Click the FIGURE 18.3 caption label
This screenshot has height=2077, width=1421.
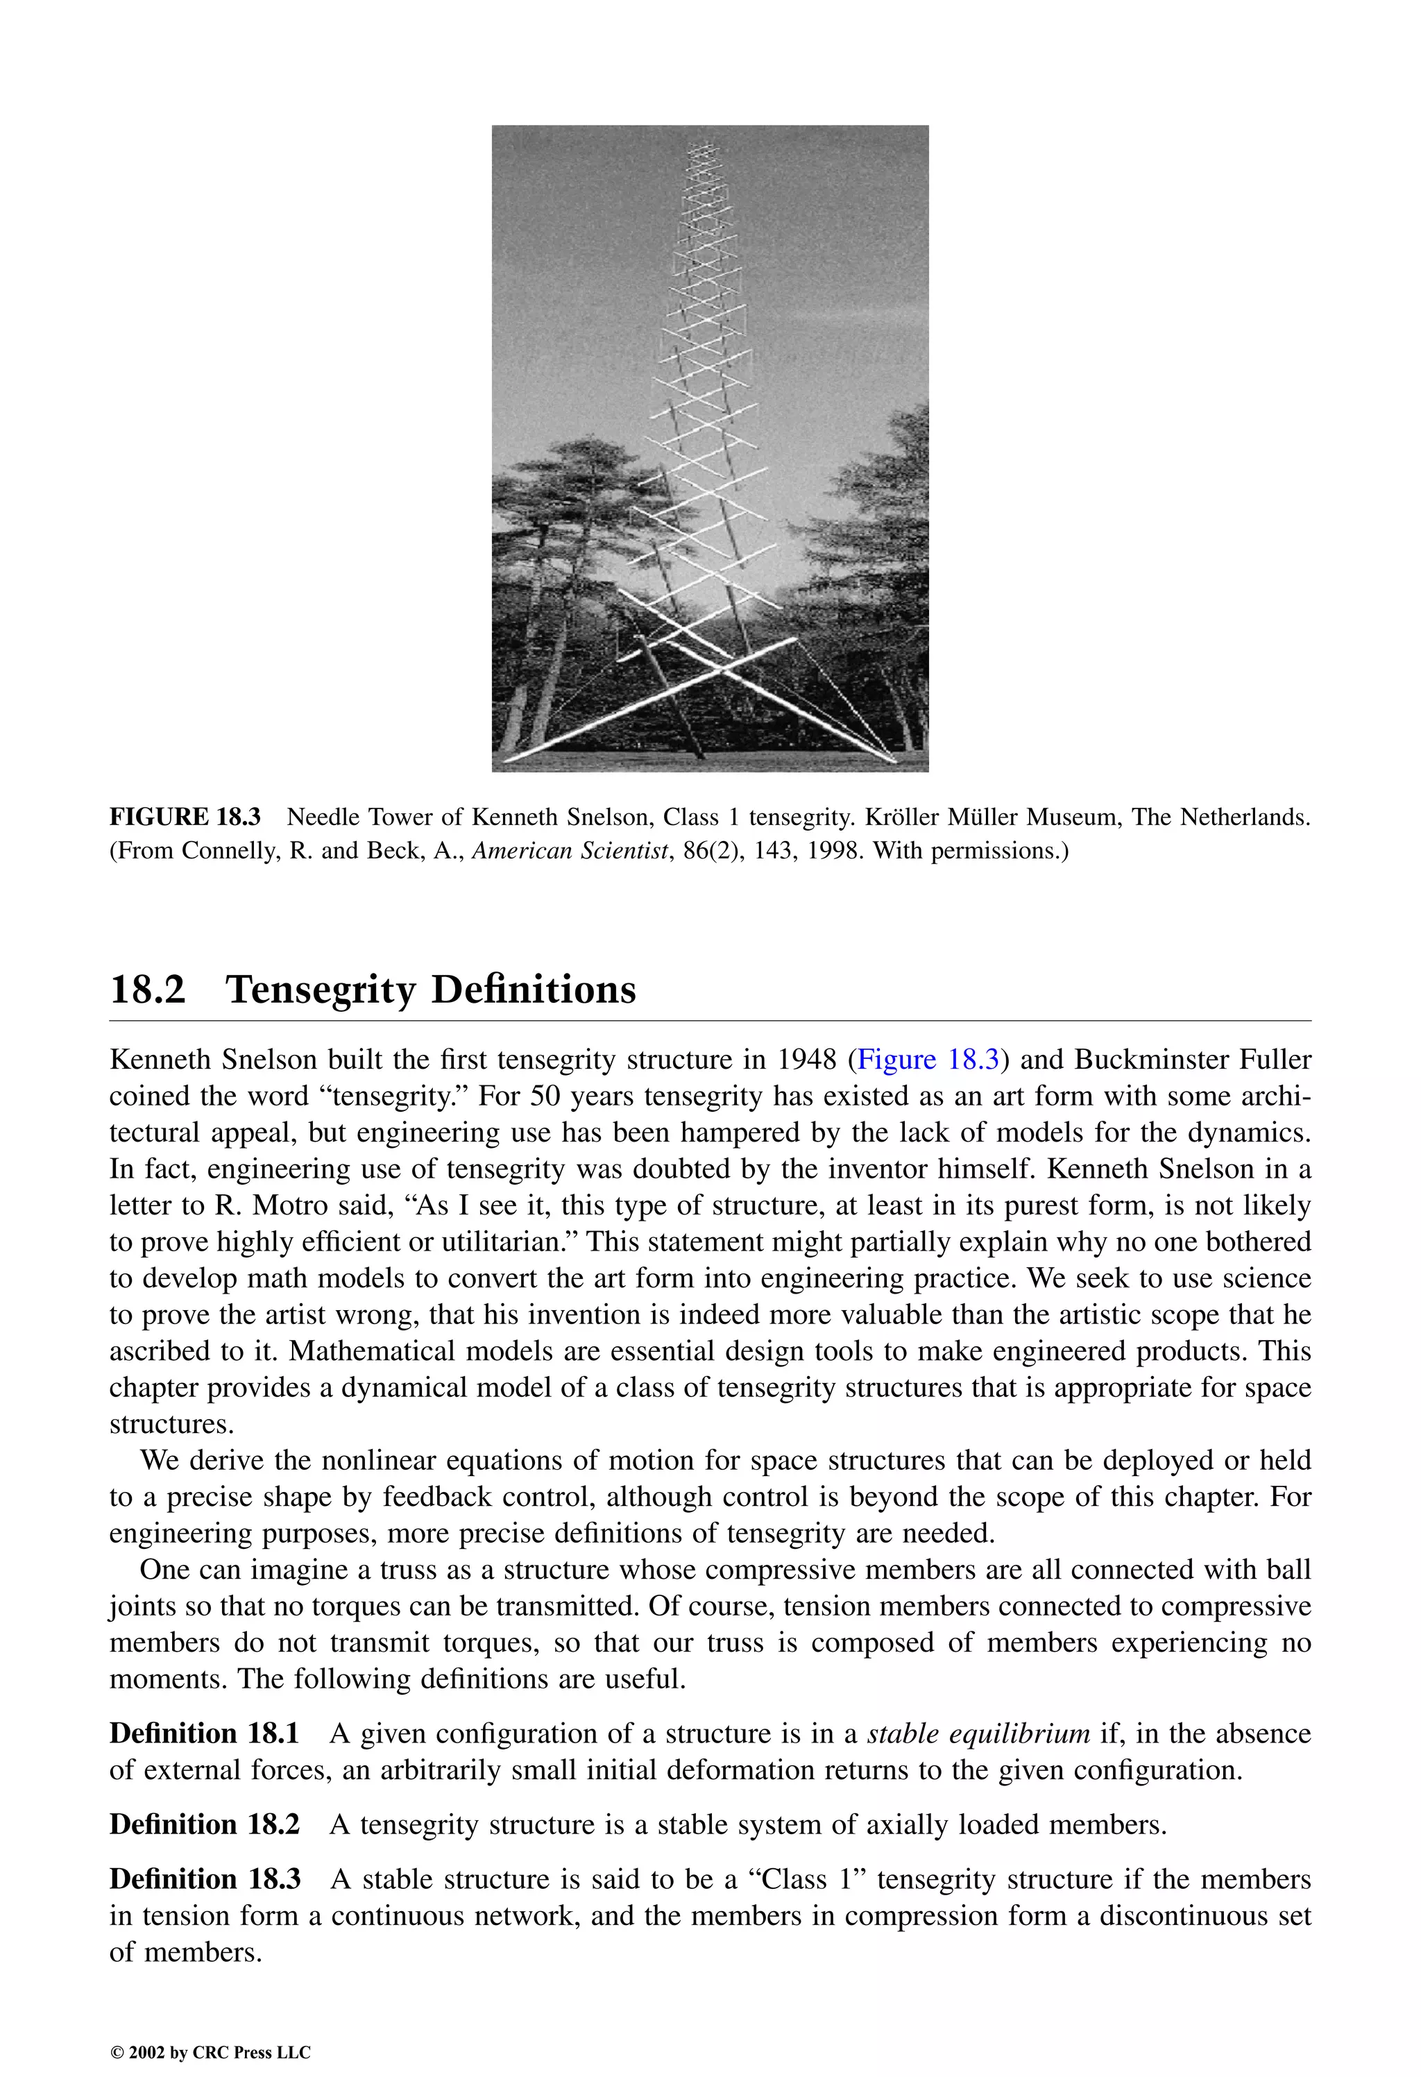click(x=185, y=817)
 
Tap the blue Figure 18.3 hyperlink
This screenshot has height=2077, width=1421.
click(x=928, y=1060)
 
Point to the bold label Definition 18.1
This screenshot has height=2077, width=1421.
click(x=204, y=1733)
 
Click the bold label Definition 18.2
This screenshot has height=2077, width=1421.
click(x=204, y=1824)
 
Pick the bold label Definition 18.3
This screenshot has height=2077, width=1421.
click(x=204, y=1879)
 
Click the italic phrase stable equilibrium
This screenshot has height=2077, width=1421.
click(x=978, y=1733)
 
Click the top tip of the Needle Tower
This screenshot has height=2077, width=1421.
click(x=701, y=144)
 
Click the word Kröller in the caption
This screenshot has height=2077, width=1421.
click(x=903, y=817)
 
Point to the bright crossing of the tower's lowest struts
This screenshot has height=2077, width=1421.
click(x=722, y=665)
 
